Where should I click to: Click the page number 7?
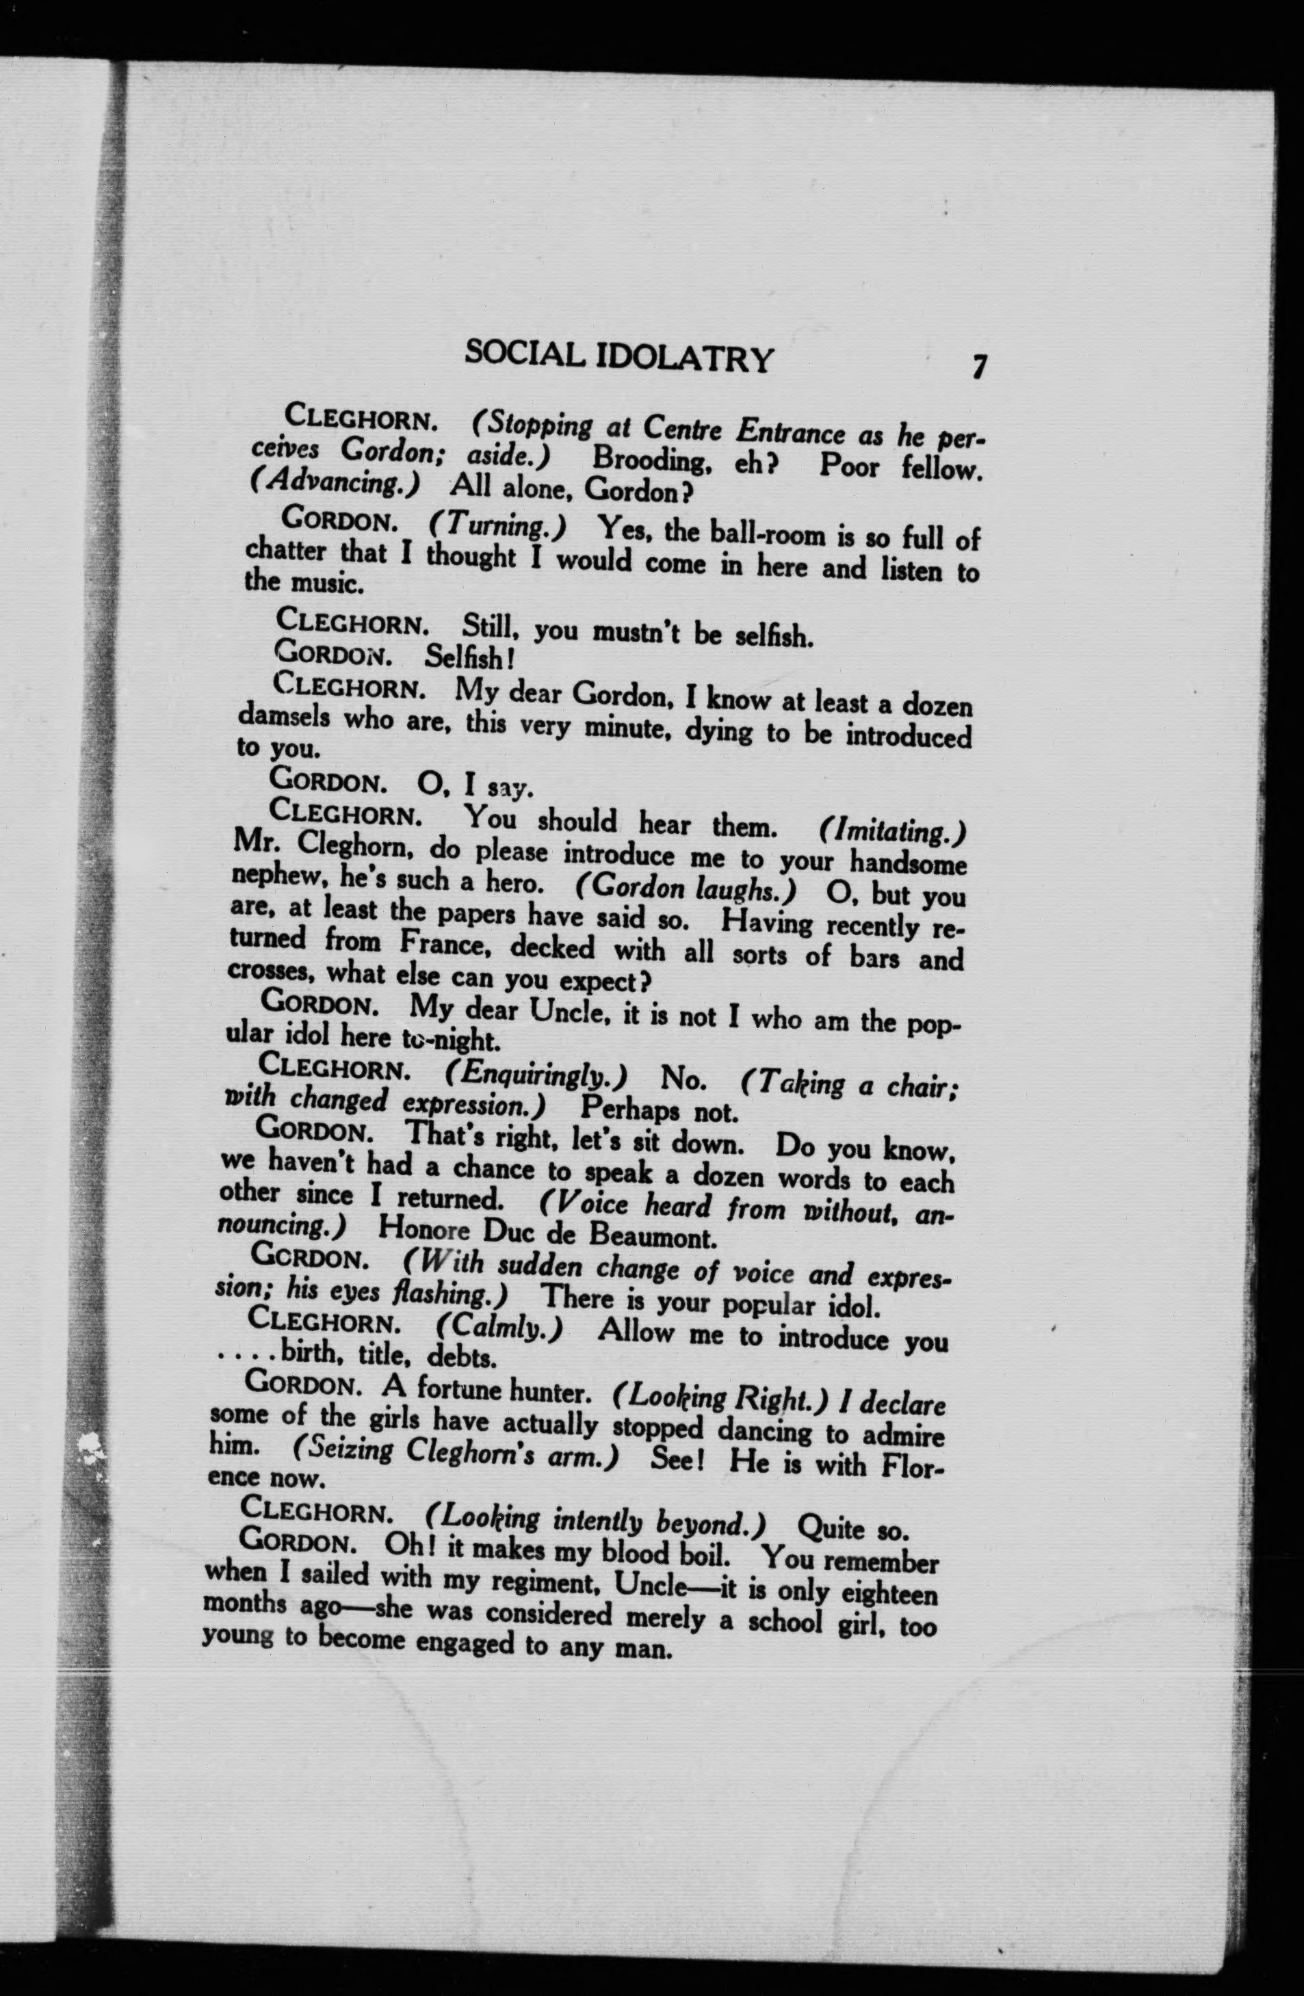[978, 367]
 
